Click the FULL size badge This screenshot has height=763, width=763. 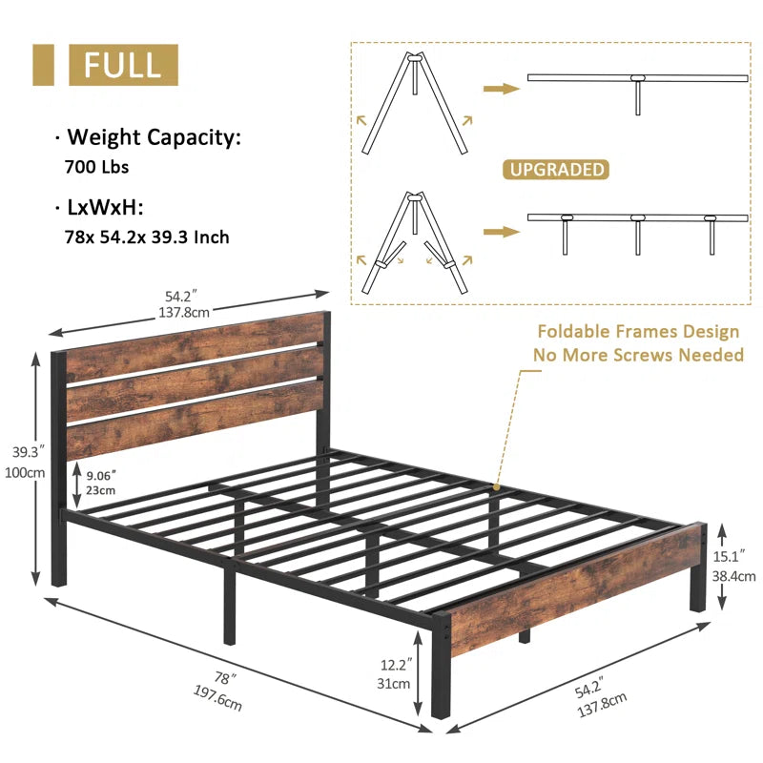(123, 65)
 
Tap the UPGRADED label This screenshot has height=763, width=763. (556, 170)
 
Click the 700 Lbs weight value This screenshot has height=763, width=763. (97, 167)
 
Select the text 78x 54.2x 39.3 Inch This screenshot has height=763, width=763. (147, 237)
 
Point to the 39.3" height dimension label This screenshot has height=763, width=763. (28, 452)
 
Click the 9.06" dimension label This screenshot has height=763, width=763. (101, 475)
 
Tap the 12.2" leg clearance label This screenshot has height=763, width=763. (396, 664)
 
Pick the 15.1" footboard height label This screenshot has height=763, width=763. (729, 556)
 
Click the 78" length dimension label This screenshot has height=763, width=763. (225, 678)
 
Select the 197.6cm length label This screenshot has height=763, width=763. (217, 698)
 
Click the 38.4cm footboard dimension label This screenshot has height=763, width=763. (733, 576)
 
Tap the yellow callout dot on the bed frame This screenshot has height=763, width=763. (496, 486)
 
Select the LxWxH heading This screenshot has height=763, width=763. (104, 208)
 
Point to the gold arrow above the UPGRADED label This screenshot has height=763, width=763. (502, 88)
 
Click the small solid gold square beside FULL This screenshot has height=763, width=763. (43, 65)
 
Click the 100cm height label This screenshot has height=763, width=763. (25, 472)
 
